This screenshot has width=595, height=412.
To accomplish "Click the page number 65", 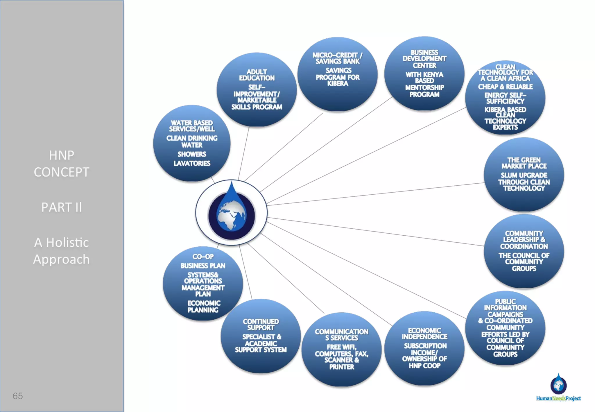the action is coord(18,396).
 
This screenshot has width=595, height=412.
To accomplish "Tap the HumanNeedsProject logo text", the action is coord(558,398).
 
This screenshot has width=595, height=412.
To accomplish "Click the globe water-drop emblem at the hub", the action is coord(231,212).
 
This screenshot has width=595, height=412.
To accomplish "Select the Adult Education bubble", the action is coord(257,89).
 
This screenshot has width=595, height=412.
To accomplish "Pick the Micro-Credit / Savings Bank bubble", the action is coord(337,74).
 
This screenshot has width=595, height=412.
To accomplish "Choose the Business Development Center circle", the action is coord(424,73).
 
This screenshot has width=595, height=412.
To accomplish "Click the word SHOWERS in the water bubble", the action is coord(192,154).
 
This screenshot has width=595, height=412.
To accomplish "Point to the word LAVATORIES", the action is coord(192,163).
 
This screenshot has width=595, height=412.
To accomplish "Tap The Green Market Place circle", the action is coord(524,174).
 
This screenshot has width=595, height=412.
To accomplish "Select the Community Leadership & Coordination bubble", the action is coord(524,251).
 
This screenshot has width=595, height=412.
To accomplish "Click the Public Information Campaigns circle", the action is coord(505,328).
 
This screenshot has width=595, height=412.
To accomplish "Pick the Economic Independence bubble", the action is coord(424,348).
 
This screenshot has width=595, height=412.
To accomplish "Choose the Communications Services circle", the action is coord(341,349).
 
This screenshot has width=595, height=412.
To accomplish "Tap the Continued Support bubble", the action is coord(261,336).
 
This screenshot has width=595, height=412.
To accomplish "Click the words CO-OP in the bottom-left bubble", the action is coord(203,257).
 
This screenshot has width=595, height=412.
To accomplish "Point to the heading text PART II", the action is coord(62,207).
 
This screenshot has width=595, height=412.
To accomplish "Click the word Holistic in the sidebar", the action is coord(67,243).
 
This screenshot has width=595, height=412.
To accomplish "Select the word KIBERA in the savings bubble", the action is coord(337,84).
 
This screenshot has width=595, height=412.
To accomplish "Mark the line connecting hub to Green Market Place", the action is coord(375,194).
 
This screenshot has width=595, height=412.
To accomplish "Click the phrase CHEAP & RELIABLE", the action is coord(505,87).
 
